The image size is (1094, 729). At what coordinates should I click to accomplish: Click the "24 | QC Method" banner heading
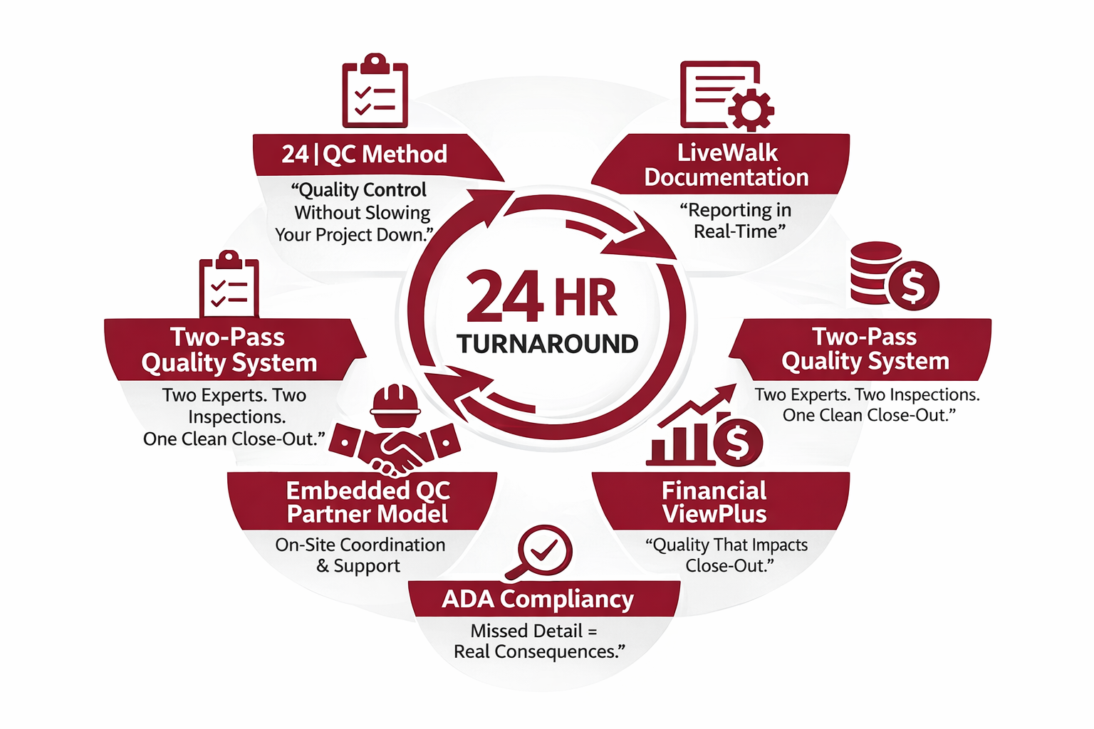364,154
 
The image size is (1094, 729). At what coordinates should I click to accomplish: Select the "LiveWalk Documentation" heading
726,165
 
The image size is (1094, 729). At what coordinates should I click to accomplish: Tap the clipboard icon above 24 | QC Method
375,92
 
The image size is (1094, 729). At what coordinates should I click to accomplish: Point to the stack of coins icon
876,272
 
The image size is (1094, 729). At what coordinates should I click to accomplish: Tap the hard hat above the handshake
396,404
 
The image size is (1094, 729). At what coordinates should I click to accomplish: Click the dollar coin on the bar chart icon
738,442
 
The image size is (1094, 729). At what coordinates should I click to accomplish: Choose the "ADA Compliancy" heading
538,599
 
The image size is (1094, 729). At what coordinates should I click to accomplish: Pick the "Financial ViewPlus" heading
714,503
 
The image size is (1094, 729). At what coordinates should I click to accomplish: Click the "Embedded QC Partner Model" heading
368,503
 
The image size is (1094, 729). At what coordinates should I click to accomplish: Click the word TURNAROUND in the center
547,345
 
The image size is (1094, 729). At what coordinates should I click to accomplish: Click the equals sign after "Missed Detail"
593,631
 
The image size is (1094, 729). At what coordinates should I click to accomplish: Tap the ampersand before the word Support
323,566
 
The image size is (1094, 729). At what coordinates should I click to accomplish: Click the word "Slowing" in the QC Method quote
397,213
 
